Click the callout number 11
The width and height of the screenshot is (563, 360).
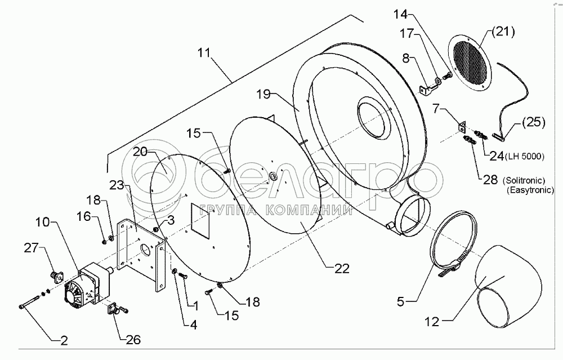pos(203,52)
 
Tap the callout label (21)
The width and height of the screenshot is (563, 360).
pos(503,32)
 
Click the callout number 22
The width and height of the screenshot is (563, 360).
pos(341,268)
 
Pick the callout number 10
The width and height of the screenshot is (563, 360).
pos(42,222)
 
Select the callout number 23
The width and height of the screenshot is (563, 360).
pos(117,185)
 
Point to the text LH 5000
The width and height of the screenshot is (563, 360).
pos(525,157)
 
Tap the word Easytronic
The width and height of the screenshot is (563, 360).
pos(530,190)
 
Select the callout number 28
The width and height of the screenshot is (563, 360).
pos(490,179)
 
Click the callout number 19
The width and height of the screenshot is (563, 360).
pos(263,95)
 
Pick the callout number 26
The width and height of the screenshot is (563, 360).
pos(133,339)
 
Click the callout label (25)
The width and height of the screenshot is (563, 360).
pos(534,122)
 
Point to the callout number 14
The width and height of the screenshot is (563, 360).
pos(401,15)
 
